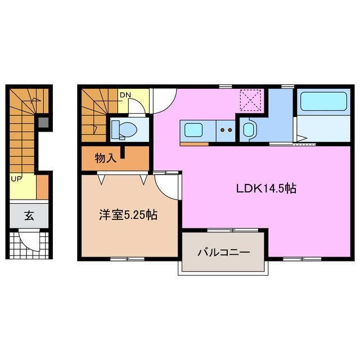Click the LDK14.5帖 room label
tap(265, 190)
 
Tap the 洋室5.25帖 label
tap(128, 214)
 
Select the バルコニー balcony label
tap(223, 252)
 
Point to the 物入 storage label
tap(105, 159)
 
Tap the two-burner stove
tap(228, 130)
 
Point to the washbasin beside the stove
tap(248, 130)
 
